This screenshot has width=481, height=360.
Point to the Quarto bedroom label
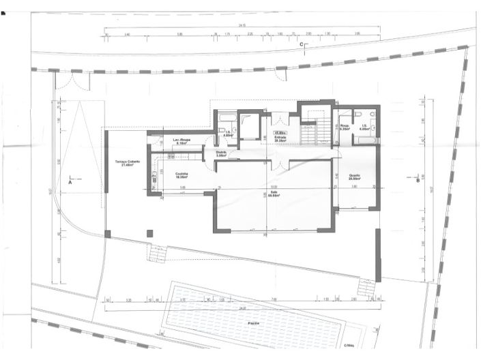(355, 176)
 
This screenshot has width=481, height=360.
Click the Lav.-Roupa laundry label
(181, 141)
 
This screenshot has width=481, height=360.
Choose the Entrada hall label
(280, 138)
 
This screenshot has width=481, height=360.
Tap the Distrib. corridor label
(221, 153)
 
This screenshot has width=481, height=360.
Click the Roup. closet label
(345, 127)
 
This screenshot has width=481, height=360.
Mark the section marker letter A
(70, 183)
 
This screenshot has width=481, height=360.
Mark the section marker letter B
(417, 181)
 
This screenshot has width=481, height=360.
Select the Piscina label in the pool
(253, 324)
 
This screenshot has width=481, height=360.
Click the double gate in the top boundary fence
(72, 80)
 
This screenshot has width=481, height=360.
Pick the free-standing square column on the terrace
(149, 234)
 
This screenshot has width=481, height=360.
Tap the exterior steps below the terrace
(158, 254)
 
